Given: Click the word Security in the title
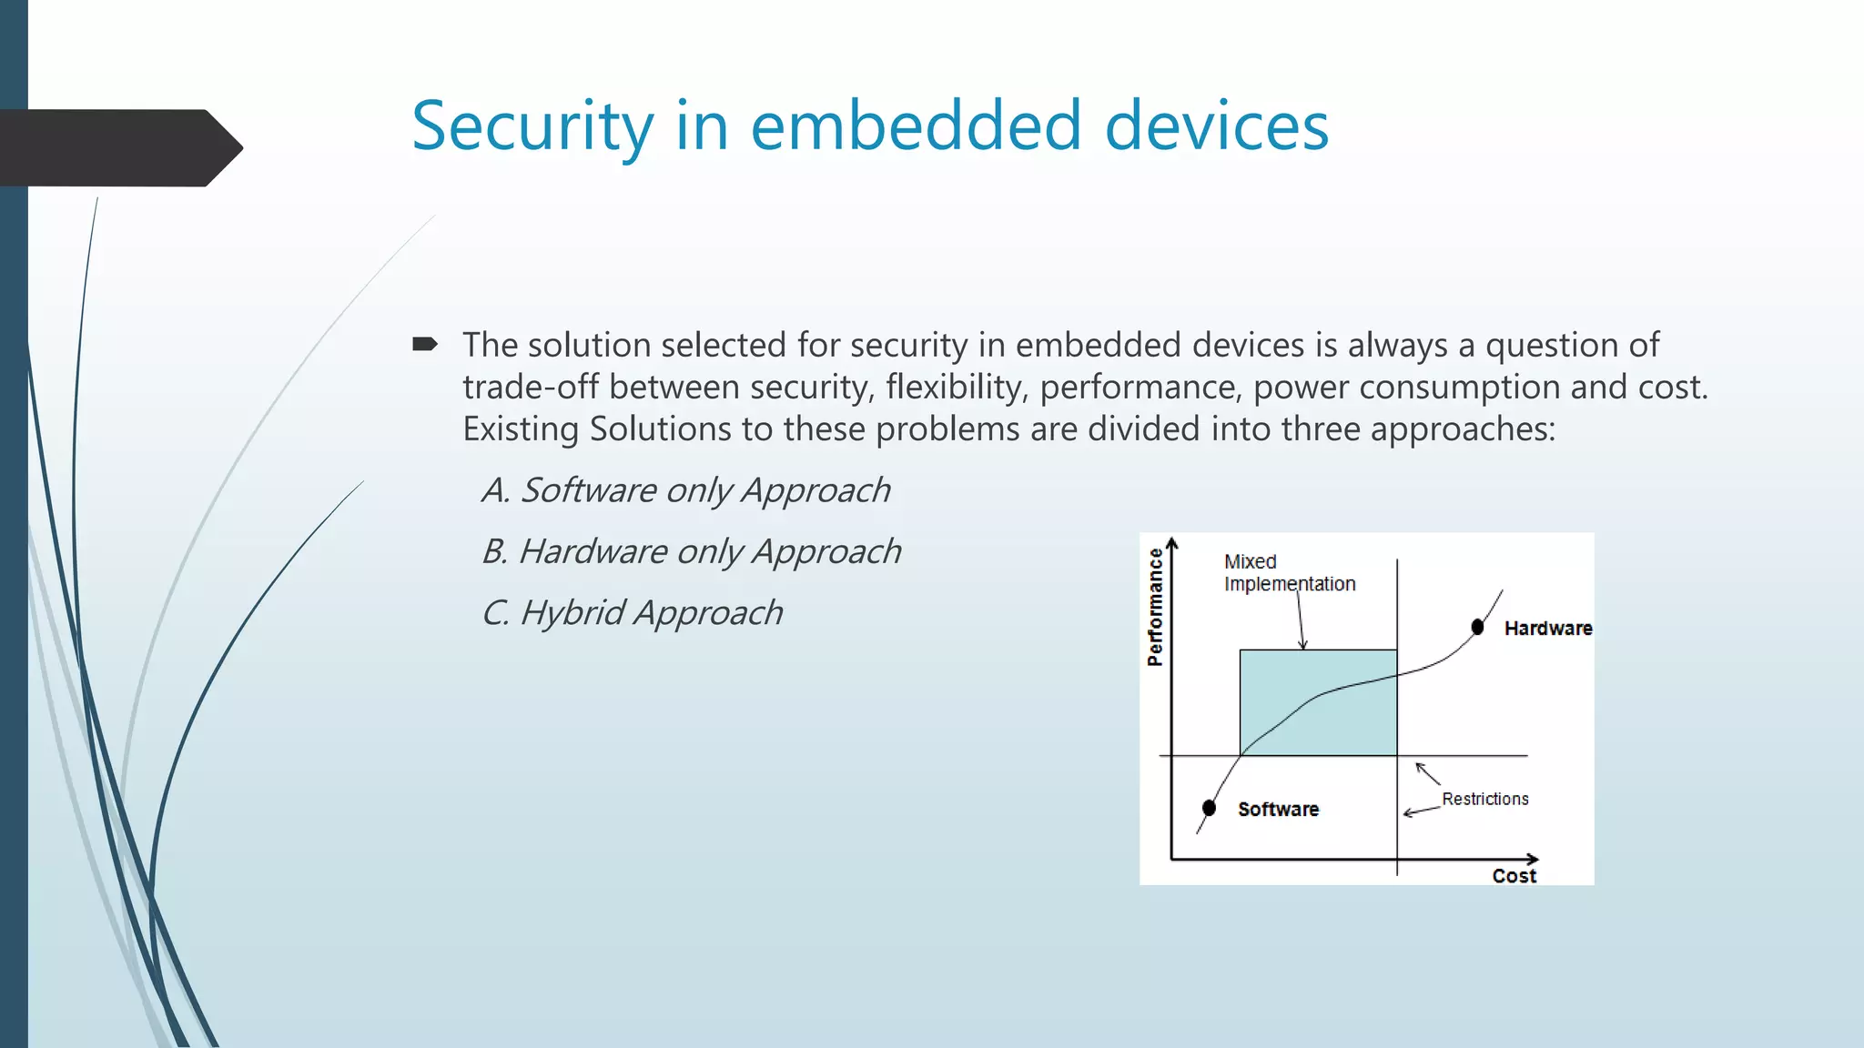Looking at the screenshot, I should [x=532, y=126].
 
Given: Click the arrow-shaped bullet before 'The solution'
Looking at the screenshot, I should [x=424, y=344].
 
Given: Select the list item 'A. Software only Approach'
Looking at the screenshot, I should [x=685, y=490].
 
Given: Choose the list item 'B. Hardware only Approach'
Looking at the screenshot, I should [x=691, y=551].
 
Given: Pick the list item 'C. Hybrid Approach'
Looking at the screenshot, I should [x=632, y=612].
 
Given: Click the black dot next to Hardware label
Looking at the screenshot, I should [x=1477, y=627].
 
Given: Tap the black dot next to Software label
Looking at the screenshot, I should [x=1209, y=808].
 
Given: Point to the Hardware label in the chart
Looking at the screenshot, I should [x=1547, y=628].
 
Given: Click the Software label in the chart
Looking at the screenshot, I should [x=1278, y=809].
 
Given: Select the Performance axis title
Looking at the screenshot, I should [x=1155, y=607].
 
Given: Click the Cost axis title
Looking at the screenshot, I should [x=1514, y=875].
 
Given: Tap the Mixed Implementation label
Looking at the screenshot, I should [x=1288, y=572].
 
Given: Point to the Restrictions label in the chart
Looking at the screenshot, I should [x=1484, y=799].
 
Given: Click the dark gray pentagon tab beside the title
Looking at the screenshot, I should [x=118, y=147].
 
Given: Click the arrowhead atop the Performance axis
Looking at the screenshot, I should [x=1172, y=544].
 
